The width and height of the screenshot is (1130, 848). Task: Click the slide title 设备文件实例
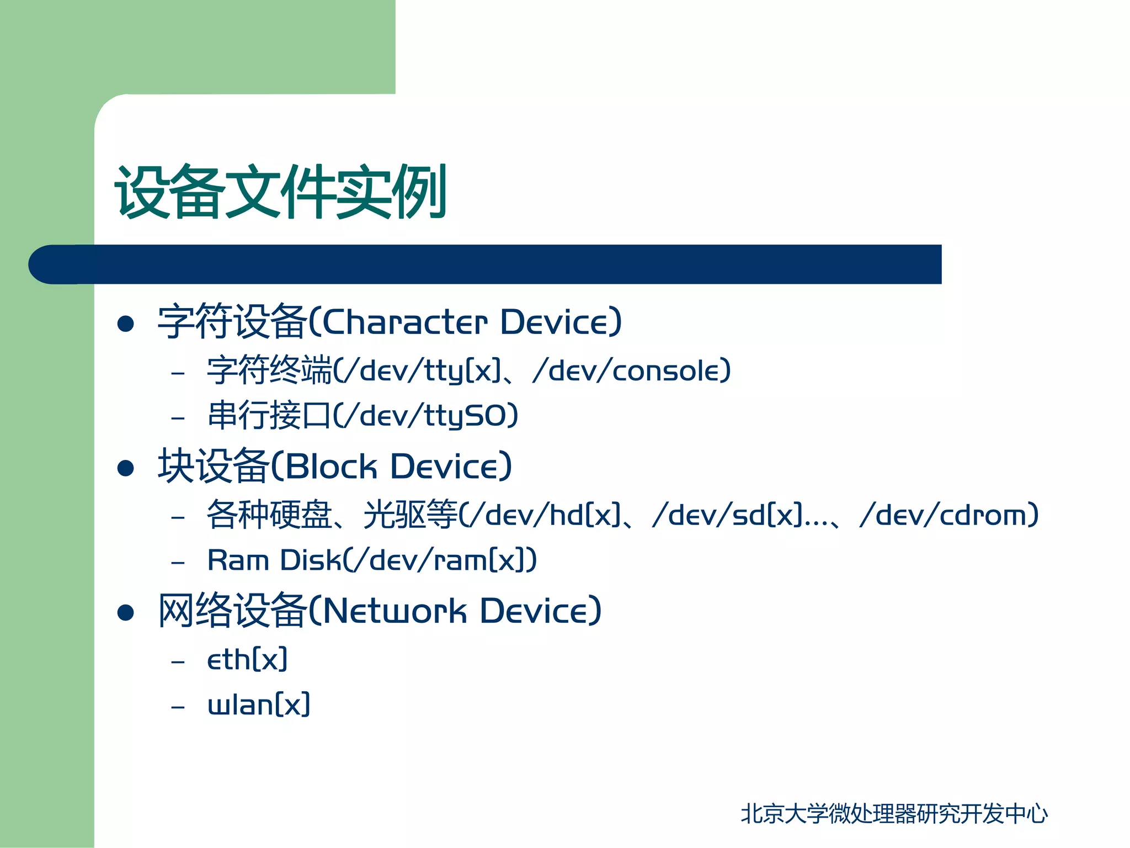click(x=280, y=191)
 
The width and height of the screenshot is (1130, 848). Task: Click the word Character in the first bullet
click(x=404, y=322)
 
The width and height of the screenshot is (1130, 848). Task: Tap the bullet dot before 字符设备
click(x=126, y=324)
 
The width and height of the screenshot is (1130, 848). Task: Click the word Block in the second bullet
click(x=331, y=467)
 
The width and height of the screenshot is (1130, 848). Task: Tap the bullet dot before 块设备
click(x=126, y=468)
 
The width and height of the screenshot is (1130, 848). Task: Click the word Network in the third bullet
click(x=394, y=611)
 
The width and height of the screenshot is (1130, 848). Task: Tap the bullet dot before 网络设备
click(x=126, y=612)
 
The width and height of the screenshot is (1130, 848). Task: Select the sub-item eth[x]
click(x=247, y=660)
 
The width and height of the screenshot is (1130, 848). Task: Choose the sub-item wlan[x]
click(x=259, y=705)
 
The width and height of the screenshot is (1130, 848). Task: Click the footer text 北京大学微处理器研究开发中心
click(x=894, y=814)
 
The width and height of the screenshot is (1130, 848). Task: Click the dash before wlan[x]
click(x=178, y=707)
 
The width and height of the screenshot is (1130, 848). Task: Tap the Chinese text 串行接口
click(x=269, y=416)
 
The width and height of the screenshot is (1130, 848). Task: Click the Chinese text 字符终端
click(x=269, y=370)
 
